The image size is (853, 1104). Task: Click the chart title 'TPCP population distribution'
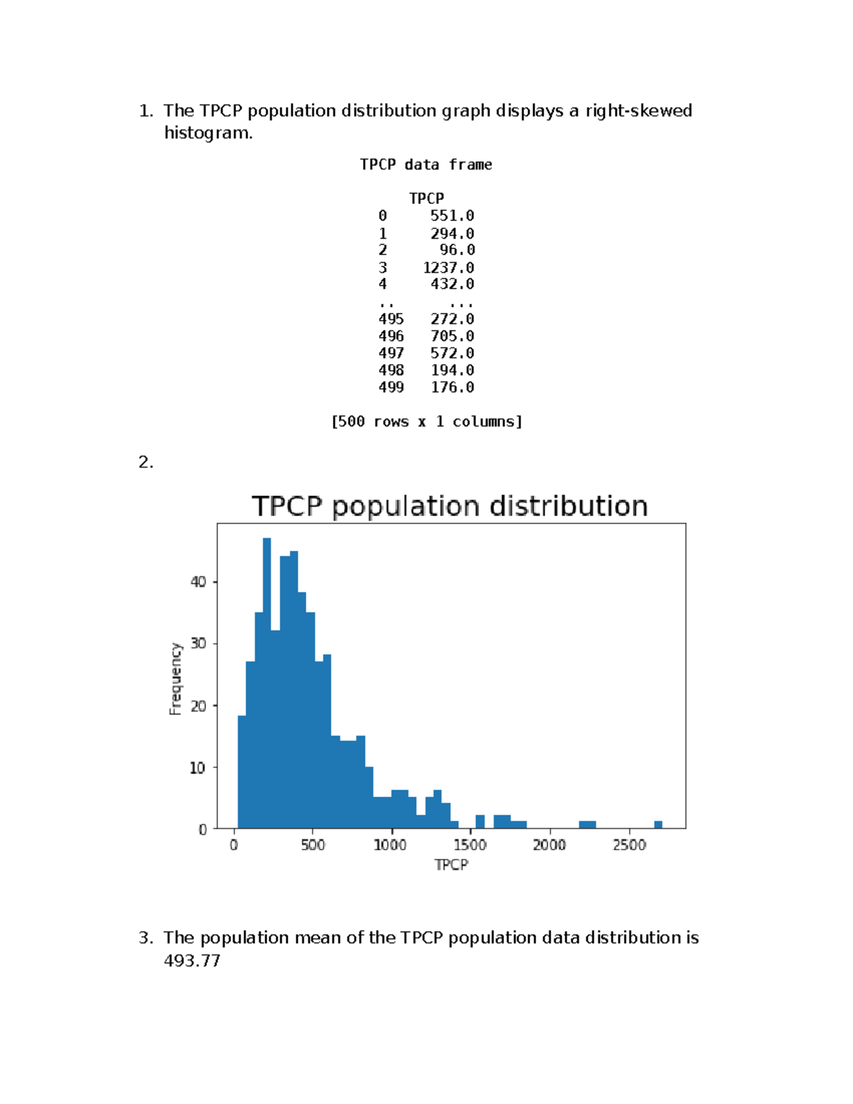(x=449, y=506)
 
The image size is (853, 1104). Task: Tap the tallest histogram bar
(x=267, y=682)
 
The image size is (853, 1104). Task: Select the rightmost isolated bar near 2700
(x=658, y=825)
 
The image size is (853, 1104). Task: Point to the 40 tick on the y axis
(x=198, y=582)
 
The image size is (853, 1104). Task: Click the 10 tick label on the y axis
(x=198, y=768)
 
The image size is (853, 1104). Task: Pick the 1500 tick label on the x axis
(x=470, y=845)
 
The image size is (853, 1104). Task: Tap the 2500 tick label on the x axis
(x=629, y=845)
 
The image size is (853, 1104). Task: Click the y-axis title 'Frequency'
(x=176, y=679)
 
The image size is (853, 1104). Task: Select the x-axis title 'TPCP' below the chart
(x=451, y=864)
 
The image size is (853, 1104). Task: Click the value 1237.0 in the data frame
(x=449, y=267)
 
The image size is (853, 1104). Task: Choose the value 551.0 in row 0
(x=452, y=215)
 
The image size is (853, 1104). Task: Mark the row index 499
(x=391, y=387)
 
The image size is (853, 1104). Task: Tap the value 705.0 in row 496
(x=452, y=336)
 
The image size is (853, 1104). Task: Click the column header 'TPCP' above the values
(x=426, y=198)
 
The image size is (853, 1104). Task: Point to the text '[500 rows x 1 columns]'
(x=426, y=422)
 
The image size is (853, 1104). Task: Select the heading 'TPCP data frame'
(x=426, y=164)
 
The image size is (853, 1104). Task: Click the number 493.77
(x=192, y=960)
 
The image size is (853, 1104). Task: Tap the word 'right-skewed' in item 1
(x=638, y=110)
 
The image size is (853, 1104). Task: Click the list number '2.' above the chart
(x=146, y=462)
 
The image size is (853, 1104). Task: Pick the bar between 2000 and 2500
(x=587, y=825)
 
